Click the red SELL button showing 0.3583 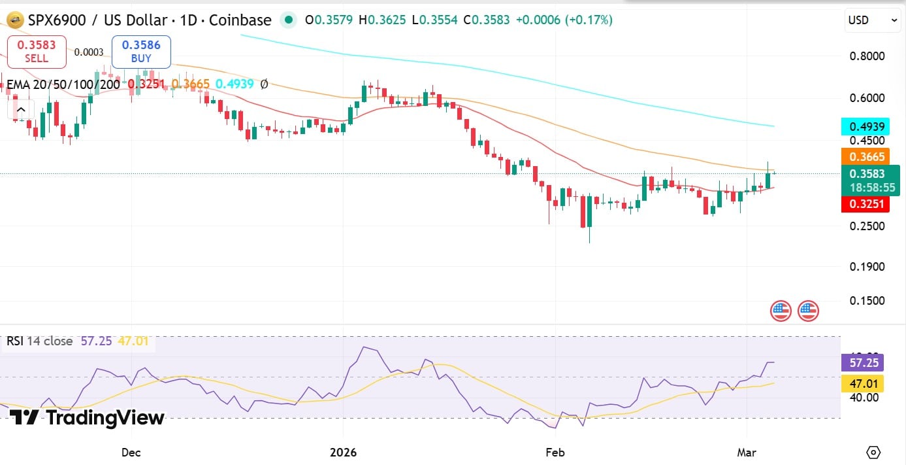tap(37, 52)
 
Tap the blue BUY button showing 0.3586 tap(141, 52)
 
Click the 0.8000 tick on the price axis tap(867, 56)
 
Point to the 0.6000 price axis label tap(867, 98)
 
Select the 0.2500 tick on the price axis tap(867, 226)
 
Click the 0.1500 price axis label tap(867, 301)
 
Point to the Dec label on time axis tap(131, 452)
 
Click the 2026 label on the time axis tap(344, 452)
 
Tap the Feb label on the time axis tap(555, 452)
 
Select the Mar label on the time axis tap(746, 452)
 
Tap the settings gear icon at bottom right tap(873, 452)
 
